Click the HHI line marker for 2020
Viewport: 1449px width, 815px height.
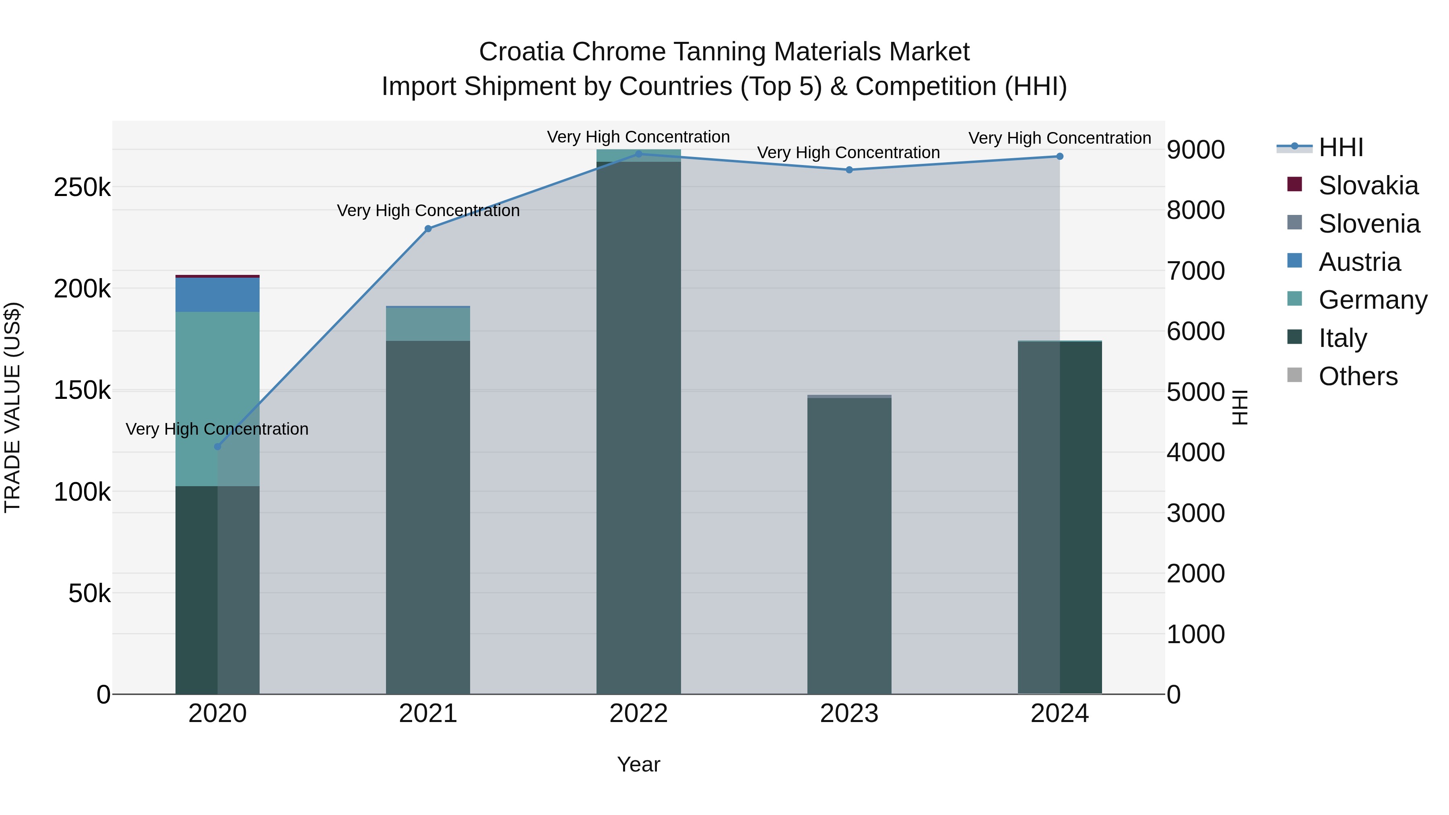click(218, 447)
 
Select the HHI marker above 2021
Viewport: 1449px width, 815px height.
click(428, 229)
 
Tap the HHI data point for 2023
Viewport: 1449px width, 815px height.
click(849, 170)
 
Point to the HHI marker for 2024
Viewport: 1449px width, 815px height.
click(1060, 157)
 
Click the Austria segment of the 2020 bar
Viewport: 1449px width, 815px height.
click(218, 295)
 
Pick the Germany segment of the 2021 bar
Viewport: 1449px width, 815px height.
click(428, 324)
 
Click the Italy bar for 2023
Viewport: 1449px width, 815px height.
click(849, 546)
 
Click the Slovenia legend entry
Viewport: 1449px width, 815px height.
click(1368, 224)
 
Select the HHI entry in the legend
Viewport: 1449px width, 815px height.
click(1340, 147)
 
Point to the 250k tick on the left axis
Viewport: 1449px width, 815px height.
click(82, 187)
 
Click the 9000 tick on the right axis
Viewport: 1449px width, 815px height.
click(1195, 150)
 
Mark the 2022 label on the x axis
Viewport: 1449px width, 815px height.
click(638, 714)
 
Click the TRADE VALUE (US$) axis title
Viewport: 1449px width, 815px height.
click(12, 407)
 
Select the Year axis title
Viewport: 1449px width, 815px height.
click(638, 764)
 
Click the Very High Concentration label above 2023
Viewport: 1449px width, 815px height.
click(848, 153)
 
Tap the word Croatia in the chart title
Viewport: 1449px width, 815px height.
click(521, 52)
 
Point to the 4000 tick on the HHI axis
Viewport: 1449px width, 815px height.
click(1195, 453)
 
